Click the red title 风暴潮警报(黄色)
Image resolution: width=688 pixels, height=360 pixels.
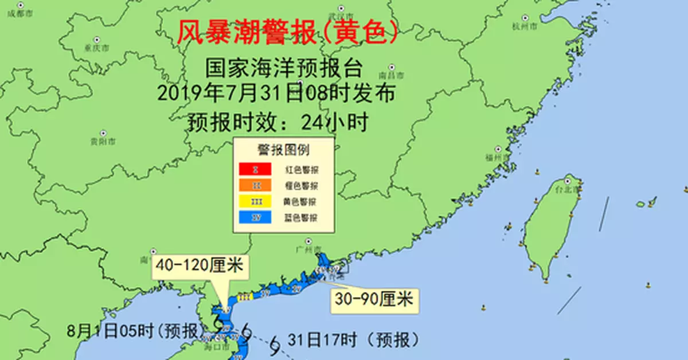[x=287, y=33]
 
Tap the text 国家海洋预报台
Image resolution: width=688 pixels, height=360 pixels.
[x=284, y=69]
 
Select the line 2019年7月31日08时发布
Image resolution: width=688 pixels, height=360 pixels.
[x=276, y=93]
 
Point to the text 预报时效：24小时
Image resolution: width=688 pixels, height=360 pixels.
[x=277, y=122]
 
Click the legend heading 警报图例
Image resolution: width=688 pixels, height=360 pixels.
[x=283, y=150]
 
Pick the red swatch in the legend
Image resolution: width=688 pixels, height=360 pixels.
[x=256, y=170]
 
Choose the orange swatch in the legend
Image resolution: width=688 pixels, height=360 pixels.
[x=256, y=186]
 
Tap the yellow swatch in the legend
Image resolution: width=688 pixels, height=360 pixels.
[x=256, y=202]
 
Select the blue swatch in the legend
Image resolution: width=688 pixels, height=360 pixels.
[x=256, y=218]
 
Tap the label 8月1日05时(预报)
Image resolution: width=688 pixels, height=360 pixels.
[x=135, y=331]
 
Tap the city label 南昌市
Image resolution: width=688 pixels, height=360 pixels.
[x=392, y=76]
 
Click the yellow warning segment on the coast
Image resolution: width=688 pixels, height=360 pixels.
[x=245, y=297]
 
